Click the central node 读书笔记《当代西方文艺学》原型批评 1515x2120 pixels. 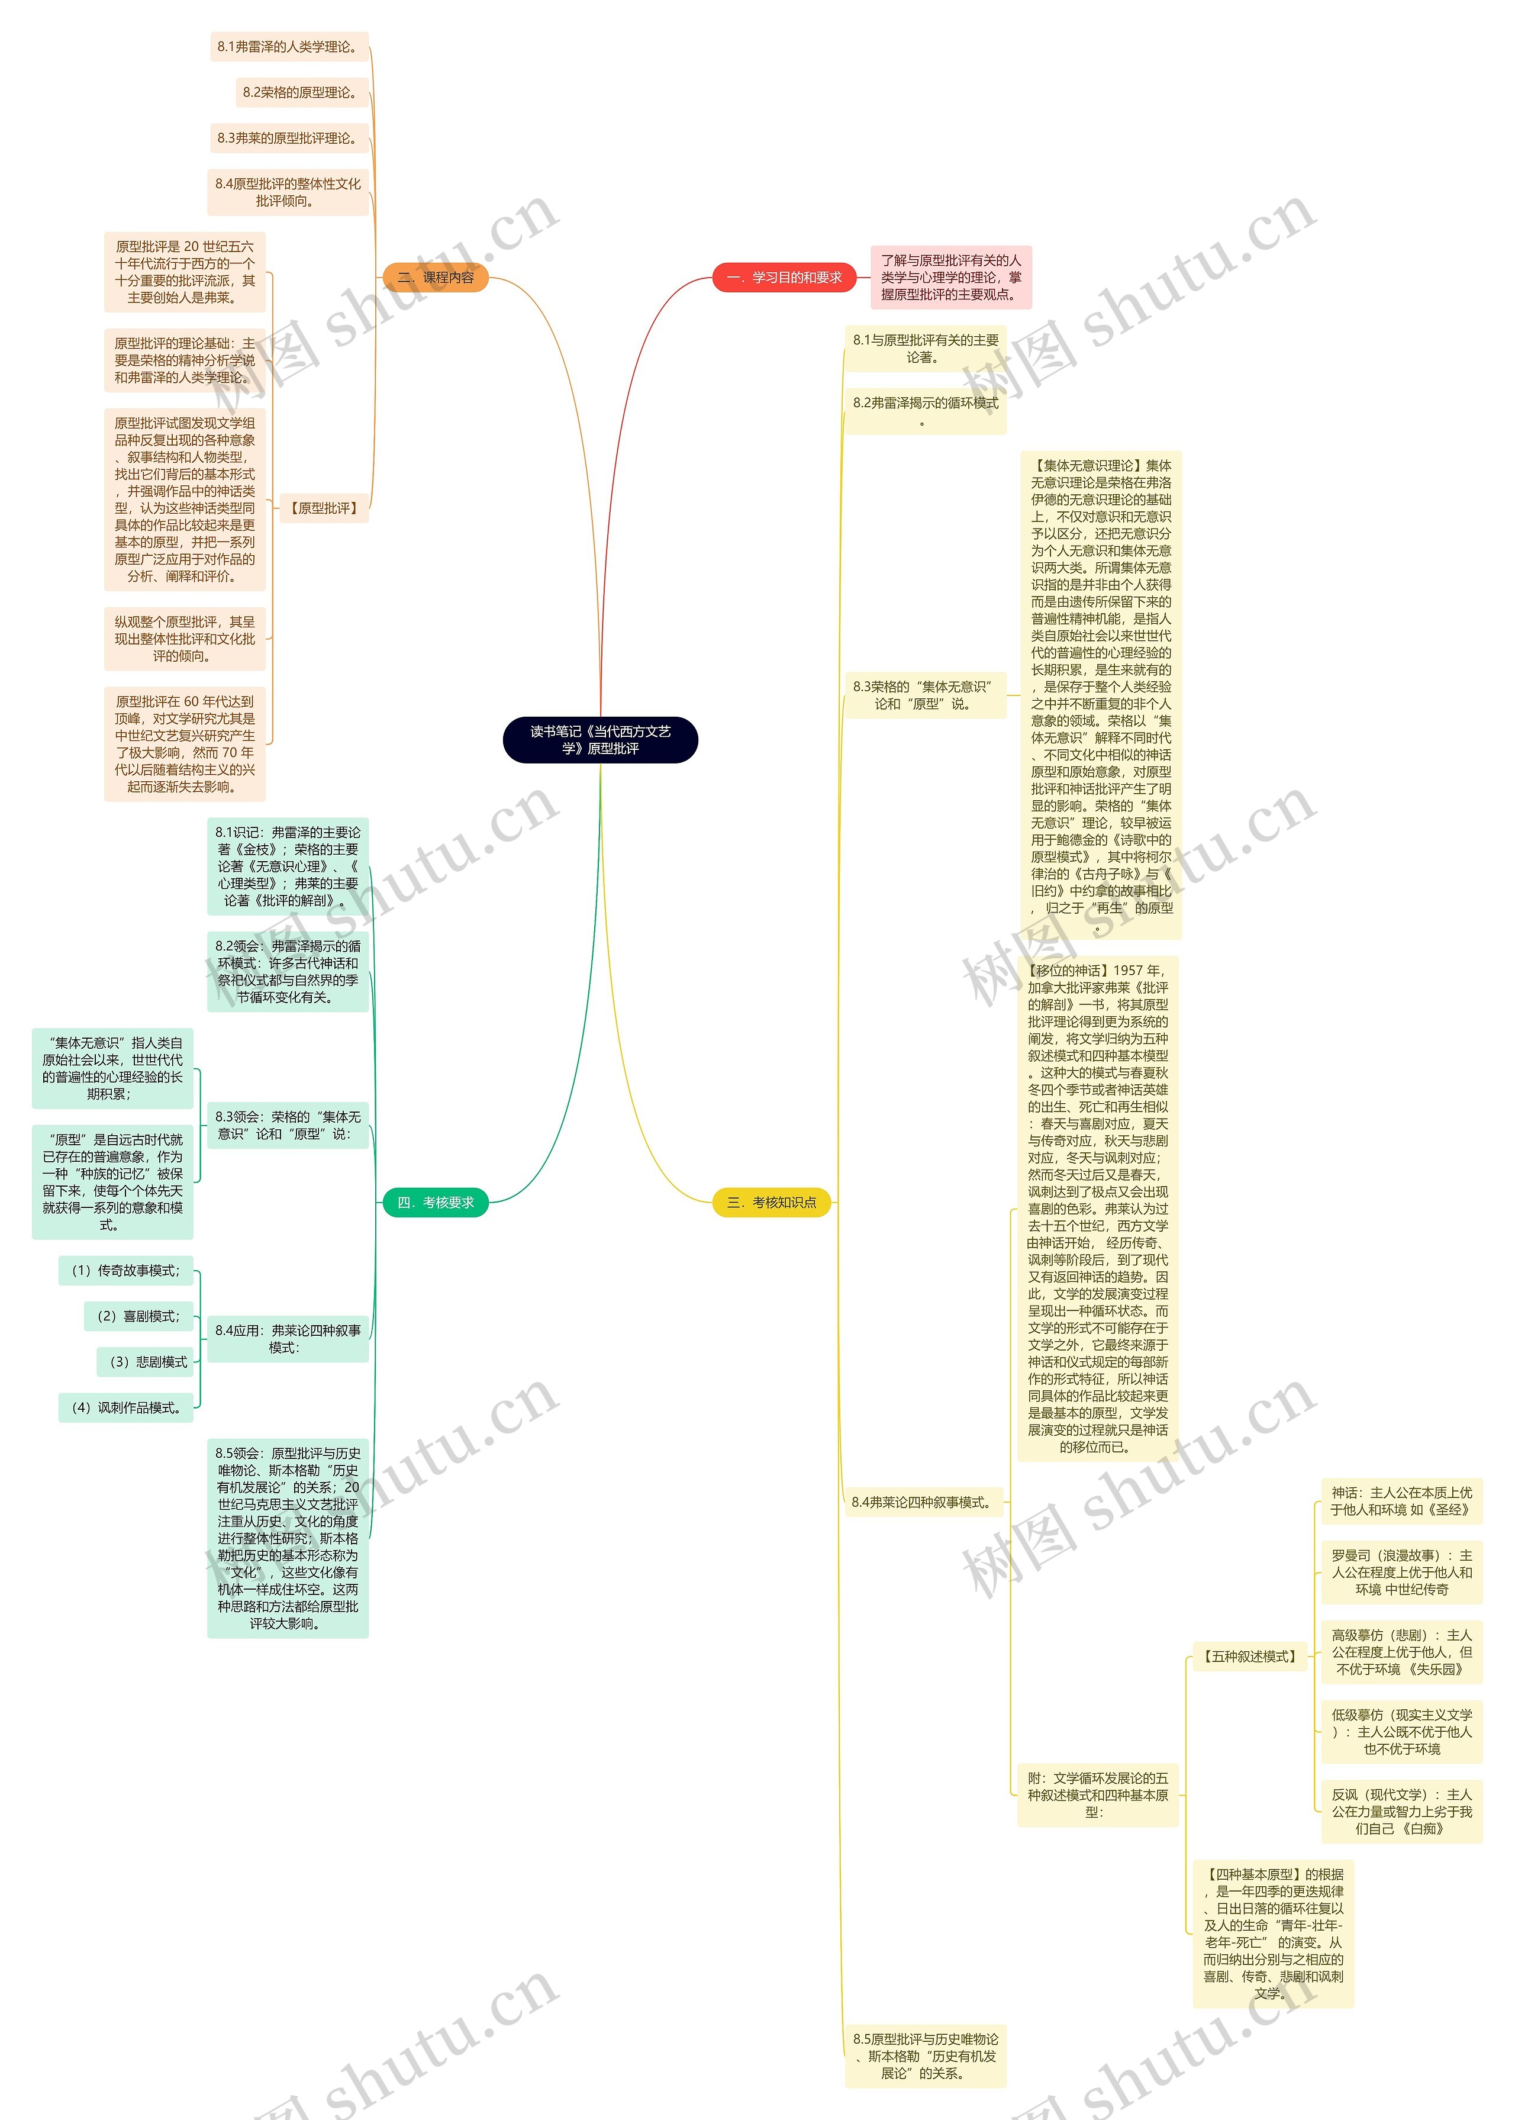pos(600,740)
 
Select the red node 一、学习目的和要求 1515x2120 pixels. pos(784,277)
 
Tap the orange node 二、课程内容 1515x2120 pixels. pos(436,277)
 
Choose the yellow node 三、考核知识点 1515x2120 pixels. pos(772,1202)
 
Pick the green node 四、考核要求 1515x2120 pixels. pos(436,1202)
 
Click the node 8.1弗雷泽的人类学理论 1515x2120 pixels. pos(288,47)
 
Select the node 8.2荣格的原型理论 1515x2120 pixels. pos(301,92)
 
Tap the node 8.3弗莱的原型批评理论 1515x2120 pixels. pos(288,138)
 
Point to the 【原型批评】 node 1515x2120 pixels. pos(324,508)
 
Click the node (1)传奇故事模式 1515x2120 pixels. pos(126,1270)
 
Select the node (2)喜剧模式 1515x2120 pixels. pos(138,1316)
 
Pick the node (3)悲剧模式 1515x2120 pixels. pos(144,1362)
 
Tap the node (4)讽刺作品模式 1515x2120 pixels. pos(126,1407)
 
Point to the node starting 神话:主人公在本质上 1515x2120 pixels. pos(1401,1501)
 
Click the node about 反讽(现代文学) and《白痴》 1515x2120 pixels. pos(1401,1810)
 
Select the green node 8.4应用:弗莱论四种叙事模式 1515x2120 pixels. pos(288,1338)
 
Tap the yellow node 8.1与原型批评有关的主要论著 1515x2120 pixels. pos(926,348)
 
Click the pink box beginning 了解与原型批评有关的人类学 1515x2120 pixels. pos(950,277)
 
